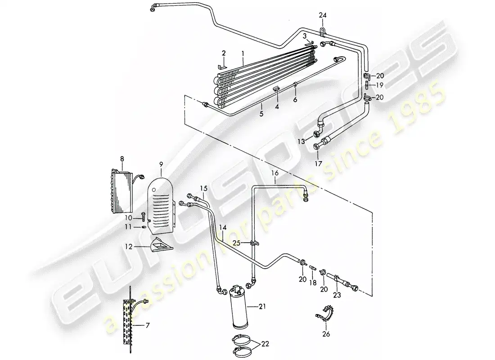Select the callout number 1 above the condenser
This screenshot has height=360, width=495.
click(x=243, y=53)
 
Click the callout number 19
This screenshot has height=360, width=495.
click(x=379, y=85)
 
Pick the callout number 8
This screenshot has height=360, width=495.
click(x=121, y=158)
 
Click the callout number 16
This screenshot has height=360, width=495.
click(x=275, y=173)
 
